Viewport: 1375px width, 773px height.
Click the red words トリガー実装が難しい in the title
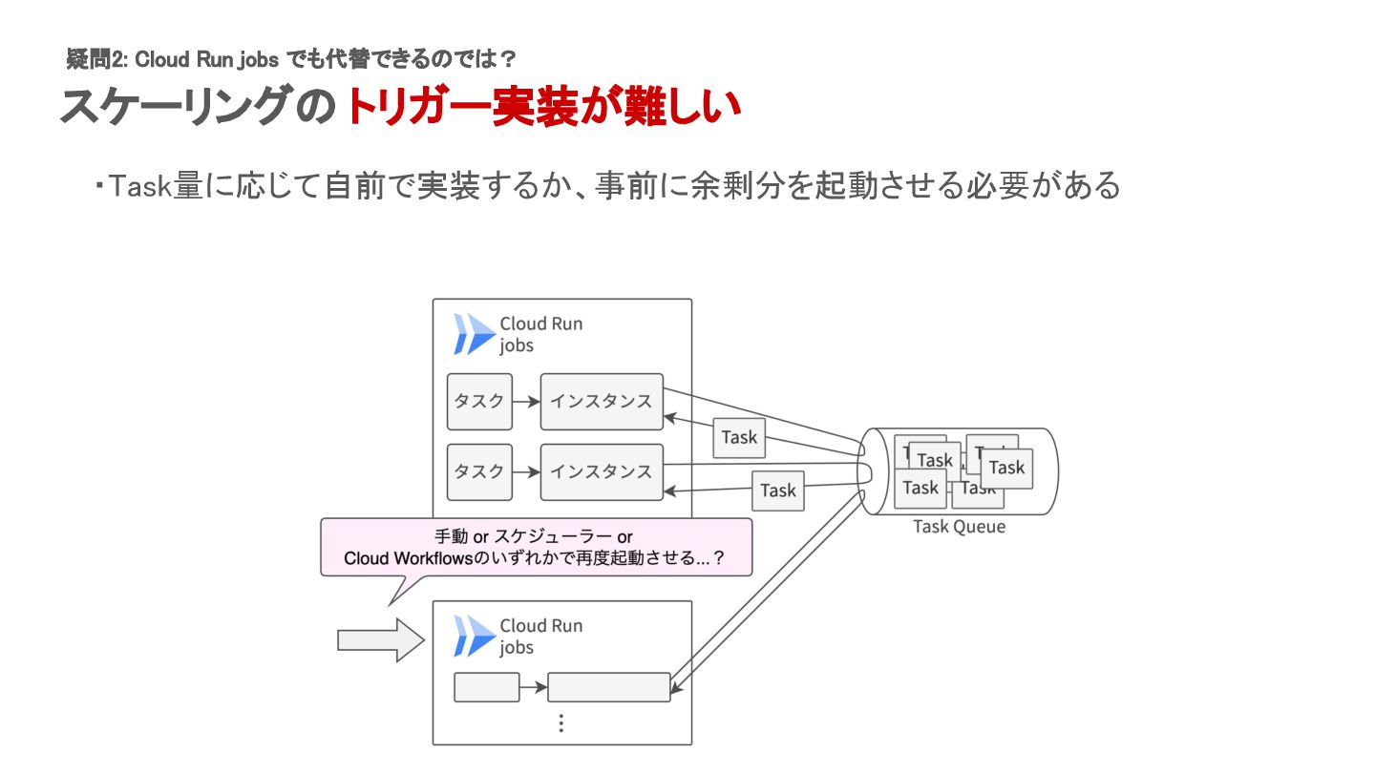pyautogui.click(x=542, y=108)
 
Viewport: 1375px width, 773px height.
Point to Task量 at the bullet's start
pyautogui.click(x=140, y=186)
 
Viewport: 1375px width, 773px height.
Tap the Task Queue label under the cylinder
pyautogui.click(x=959, y=527)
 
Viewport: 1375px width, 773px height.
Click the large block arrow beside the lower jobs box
pyautogui.click(x=380, y=639)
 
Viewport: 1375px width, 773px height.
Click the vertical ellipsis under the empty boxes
pyautogui.click(x=561, y=722)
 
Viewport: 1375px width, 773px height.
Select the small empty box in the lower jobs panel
pyautogui.click(x=486, y=687)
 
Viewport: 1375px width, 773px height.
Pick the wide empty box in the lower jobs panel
pyautogui.click(x=609, y=687)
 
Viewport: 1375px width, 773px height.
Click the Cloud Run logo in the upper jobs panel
pyautogui.click(x=475, y=334)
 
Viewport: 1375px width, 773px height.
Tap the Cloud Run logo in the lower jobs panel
pyautogui.click(x=475, y=637)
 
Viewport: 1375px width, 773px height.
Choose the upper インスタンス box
pyautogui.click(x=602, y=402)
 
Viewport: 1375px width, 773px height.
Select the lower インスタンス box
pyautogui.click(x=602, y=471)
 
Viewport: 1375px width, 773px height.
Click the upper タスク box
pyautogui.click(x=479, y=402)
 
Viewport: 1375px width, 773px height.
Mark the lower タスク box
pyautogui.click(x=479, y=471)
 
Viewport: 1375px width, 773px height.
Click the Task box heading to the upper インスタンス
pyautogui.click(x=739, y=438)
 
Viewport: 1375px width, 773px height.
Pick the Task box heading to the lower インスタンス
pyautogui.click(x=778, y=491)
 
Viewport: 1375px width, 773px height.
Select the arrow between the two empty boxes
pyautogui.click(x=534, y=687)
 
